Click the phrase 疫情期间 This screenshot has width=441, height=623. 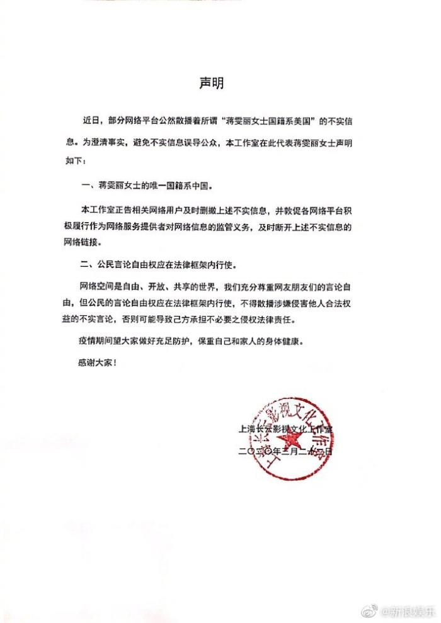98,342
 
